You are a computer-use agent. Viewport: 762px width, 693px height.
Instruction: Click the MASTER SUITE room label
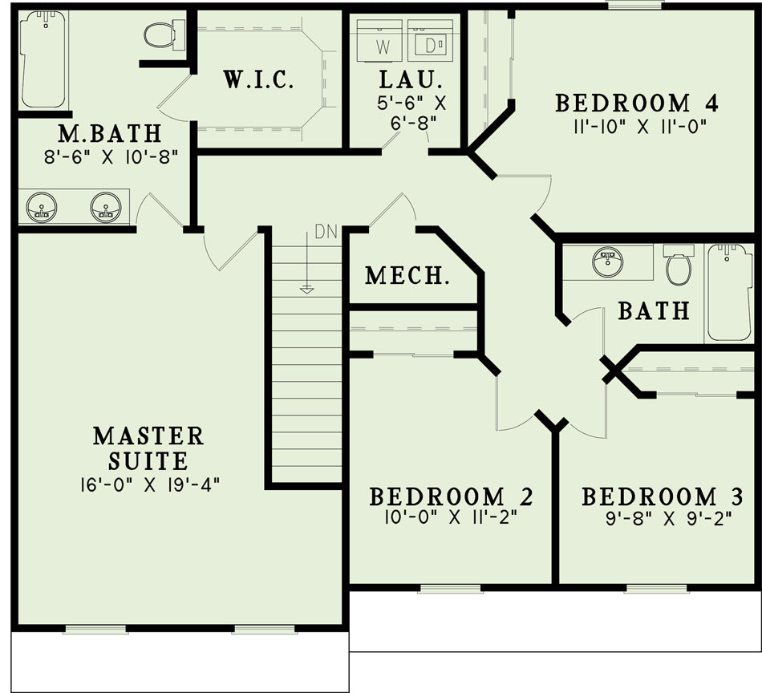click(x=148, y=448)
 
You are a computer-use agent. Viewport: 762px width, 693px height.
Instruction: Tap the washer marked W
click(x=379, y=40)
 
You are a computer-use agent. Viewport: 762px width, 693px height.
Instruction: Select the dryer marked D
click(x=430, y=40)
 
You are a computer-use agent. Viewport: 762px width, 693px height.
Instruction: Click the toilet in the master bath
click(x=164, y=34)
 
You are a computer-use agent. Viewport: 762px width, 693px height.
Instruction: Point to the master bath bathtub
click(x=43, y=59)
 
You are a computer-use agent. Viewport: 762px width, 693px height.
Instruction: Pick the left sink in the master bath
click(x=41, y=208)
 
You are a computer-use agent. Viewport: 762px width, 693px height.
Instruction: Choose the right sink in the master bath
click(x=105, y=208)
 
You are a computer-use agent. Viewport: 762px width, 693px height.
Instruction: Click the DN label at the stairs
click(x=326, y=232)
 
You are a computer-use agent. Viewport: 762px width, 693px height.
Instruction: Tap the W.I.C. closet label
click(x=258, y=79)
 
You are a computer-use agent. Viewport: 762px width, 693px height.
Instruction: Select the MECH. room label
click(x=407, y=276)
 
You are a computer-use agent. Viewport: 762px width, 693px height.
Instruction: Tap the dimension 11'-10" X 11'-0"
click(x=639, y=128)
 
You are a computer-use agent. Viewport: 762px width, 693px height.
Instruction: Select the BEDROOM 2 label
click(x=452, y=496)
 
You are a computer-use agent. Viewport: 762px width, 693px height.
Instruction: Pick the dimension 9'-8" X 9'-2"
click(x=669, y=520)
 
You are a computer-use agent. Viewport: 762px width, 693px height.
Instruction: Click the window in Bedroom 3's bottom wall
click(x=657, y=590)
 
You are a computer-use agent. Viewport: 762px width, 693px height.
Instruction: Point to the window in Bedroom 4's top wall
click(x=634, y=4)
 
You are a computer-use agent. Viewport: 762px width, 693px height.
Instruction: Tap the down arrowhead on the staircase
click(x=306, y=290)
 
